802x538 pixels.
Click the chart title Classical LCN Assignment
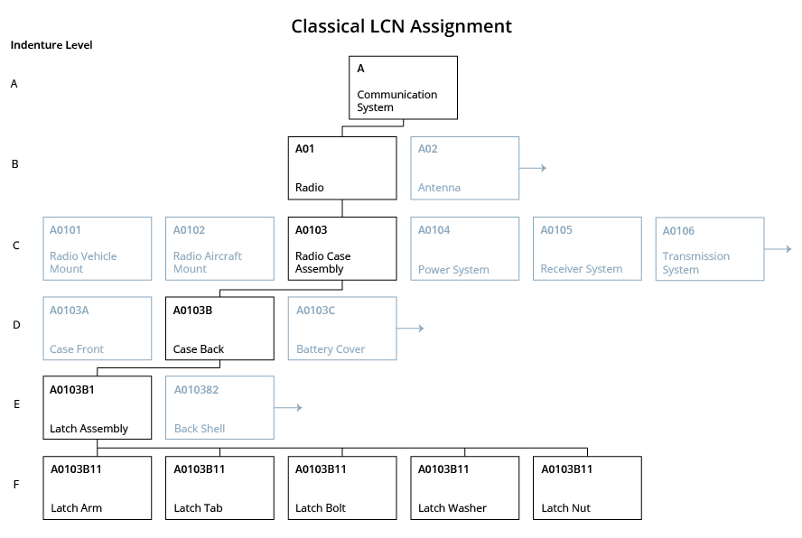pos(401,26)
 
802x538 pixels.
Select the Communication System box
pos(403,88)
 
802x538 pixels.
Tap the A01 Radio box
pos(342,168)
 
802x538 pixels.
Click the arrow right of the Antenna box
pos(534,168)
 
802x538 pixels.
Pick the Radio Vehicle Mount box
pos(98,248)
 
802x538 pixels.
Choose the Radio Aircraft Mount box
pos(219,248)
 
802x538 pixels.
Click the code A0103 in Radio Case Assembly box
pos(312,230)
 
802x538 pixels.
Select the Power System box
pos(464,248)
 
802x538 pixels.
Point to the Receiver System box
pos(587,248)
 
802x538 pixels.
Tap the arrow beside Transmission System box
pos(779,248)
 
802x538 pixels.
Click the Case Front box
pos(98,329)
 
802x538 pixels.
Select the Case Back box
pos(219,329)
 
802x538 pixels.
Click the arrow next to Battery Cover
pos(411,329)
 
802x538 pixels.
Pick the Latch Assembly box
pos(98,408)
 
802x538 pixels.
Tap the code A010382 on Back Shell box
pos(197,390)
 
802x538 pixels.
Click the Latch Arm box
pos(98,487)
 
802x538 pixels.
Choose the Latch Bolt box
pos(342,487)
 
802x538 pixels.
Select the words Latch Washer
pos(452,508)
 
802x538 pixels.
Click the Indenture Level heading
pos(51,45)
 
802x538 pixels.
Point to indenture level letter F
pos(15,485)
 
